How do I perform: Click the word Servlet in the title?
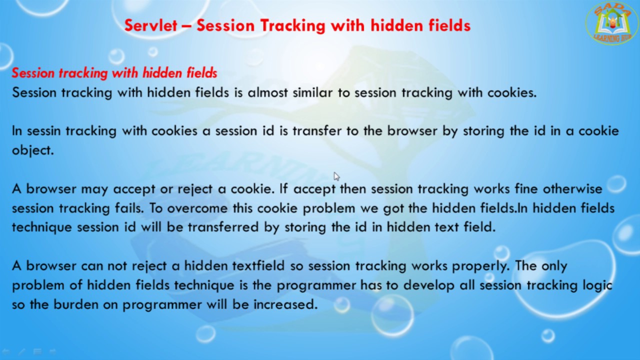150,25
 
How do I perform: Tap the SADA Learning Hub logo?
611,23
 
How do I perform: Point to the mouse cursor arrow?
336,176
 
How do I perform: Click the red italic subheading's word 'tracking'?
83,73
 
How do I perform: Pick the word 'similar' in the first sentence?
312,92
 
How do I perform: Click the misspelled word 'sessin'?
43,131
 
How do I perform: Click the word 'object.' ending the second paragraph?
32,150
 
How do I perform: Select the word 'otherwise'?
572,189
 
